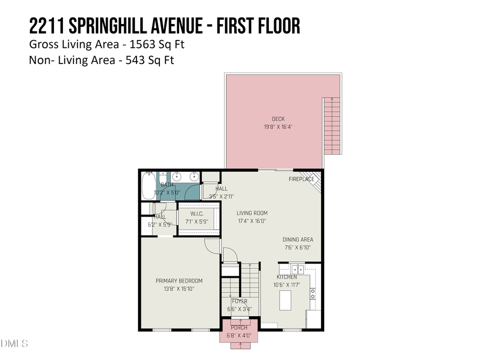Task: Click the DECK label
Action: [x=278, y=119]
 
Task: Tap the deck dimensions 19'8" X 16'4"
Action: [x=278, y=127]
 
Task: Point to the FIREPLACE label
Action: [x=301, y=179]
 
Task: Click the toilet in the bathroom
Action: [x=162, y=179]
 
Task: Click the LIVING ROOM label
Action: [x=252, y=213]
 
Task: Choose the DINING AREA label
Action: [x=298, y=239]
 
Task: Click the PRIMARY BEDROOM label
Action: [x=179, y=281]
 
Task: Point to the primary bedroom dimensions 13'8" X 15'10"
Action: [x=179, y=289]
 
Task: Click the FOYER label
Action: [x=239, y=301]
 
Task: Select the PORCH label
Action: [x=239, y=327]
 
